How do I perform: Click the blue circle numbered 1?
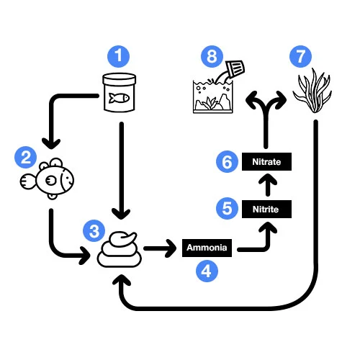(119, 56)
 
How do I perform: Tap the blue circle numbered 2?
(26, 158)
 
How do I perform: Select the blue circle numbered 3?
(94, 231)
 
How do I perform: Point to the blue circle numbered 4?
(207, 271)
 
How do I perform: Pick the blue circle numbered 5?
(227, 208)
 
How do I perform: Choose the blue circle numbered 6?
(227, 161)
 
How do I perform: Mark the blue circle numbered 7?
(301, 57)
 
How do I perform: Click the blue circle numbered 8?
(212, 57)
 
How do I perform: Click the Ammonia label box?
(207, 248)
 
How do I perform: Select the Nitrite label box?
(266, 209)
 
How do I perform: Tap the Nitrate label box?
(266, 161)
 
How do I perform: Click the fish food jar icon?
(120, 93)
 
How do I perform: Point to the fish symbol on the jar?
(119, 98)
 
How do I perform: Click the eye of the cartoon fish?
(51, 180)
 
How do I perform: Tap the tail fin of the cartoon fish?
(28, 181)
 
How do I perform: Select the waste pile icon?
(120, 249)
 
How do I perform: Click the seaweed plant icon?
(312, 91)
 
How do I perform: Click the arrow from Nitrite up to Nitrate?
(268, 185)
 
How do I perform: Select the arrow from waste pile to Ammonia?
(160, 248)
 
